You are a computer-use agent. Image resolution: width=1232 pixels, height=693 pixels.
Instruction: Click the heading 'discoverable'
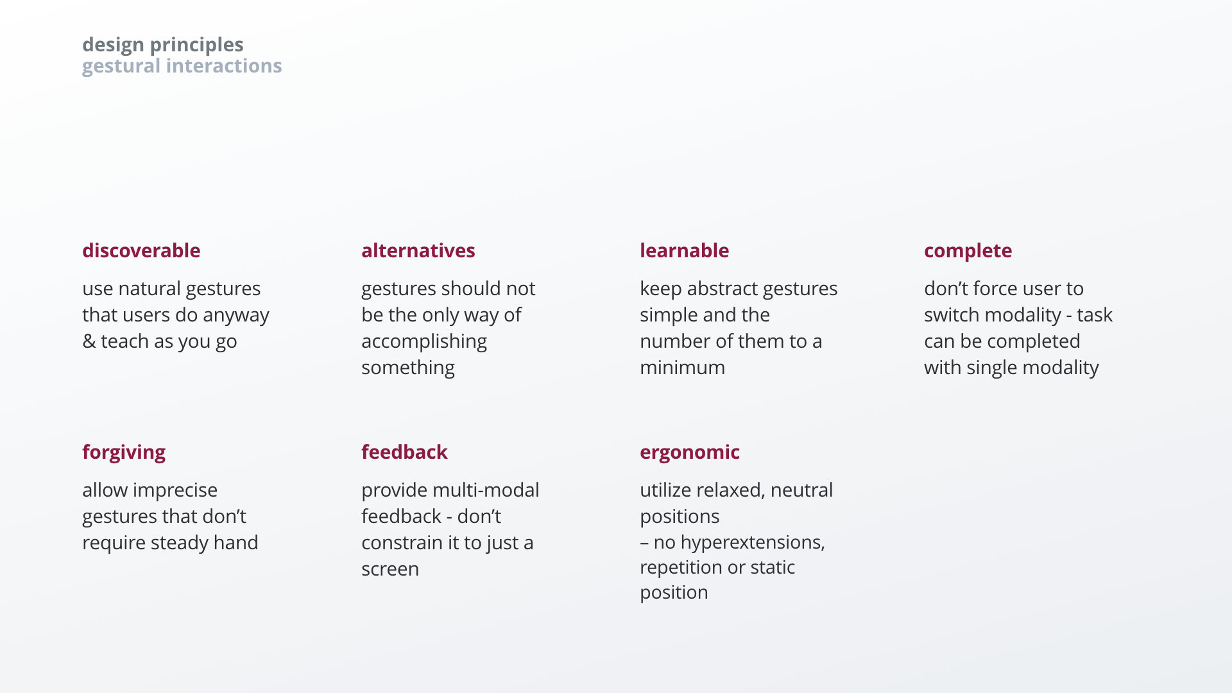coord(141,250)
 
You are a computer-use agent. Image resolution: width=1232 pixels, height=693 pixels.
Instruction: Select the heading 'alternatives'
coord(418,250)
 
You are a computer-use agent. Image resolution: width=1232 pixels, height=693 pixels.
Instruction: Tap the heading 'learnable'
coord(684,250)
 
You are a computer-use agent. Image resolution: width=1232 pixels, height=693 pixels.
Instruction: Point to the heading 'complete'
coord(968,251)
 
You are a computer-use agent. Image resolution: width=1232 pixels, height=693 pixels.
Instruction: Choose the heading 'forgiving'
coord(124,452)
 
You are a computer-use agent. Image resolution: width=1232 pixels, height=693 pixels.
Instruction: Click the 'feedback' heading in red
coord(404,452)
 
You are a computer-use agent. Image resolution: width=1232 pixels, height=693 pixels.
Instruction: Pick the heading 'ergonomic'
coord(689,452)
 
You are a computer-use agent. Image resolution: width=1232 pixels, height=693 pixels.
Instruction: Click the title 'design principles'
coord(163,44)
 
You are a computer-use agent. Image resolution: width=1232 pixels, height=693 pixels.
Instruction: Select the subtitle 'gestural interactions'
coord(182,65)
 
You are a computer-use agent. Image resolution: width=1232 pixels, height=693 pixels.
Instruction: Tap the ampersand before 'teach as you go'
coord(89,341)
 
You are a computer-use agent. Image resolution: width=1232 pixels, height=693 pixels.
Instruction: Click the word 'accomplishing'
coord(424,341)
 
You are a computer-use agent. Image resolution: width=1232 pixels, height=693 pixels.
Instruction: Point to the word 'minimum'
coord(682,368)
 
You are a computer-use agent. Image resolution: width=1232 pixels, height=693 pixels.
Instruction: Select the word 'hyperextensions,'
coord(752,542)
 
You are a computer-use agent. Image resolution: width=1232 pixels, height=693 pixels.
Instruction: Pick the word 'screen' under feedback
coord(389,569)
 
